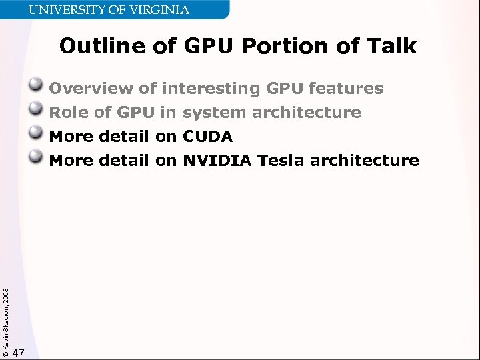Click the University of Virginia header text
108,10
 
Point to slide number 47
19,353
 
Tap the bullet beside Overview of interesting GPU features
38,87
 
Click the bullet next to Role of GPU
38,111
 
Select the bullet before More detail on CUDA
38,135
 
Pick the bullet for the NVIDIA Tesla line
38,159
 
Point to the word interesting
211,89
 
